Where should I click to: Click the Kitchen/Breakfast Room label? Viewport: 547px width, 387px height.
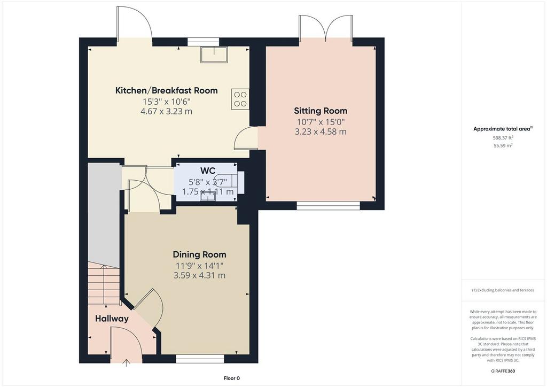point(167,90)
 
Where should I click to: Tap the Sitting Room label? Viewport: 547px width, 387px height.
point(321,111)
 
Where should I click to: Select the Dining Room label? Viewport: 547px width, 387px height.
point(200,254)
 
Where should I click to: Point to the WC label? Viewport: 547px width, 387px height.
point(208,171)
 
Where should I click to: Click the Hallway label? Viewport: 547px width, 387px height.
point(112,319)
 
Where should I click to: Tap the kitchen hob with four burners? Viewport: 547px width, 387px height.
point(240,99)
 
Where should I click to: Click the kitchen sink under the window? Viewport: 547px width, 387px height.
point(214,55)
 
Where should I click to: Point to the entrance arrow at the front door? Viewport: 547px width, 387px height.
point(126,363)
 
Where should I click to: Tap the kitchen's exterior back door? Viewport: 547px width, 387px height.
point(134,25)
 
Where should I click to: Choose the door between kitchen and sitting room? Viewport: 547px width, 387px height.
point(246,138)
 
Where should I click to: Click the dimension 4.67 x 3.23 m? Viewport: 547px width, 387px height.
point(167,112)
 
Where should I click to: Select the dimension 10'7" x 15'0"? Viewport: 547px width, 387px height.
point(321,122)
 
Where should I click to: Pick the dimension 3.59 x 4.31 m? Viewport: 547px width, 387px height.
point(200,276)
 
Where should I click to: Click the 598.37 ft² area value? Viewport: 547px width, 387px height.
point(503,138)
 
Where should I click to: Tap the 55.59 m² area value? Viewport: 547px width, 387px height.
point(503,146)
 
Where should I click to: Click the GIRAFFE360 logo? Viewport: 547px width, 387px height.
point(503,371)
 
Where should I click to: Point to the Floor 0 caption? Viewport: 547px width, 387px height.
point(232,378)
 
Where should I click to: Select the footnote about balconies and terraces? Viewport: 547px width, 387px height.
point(503,290)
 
